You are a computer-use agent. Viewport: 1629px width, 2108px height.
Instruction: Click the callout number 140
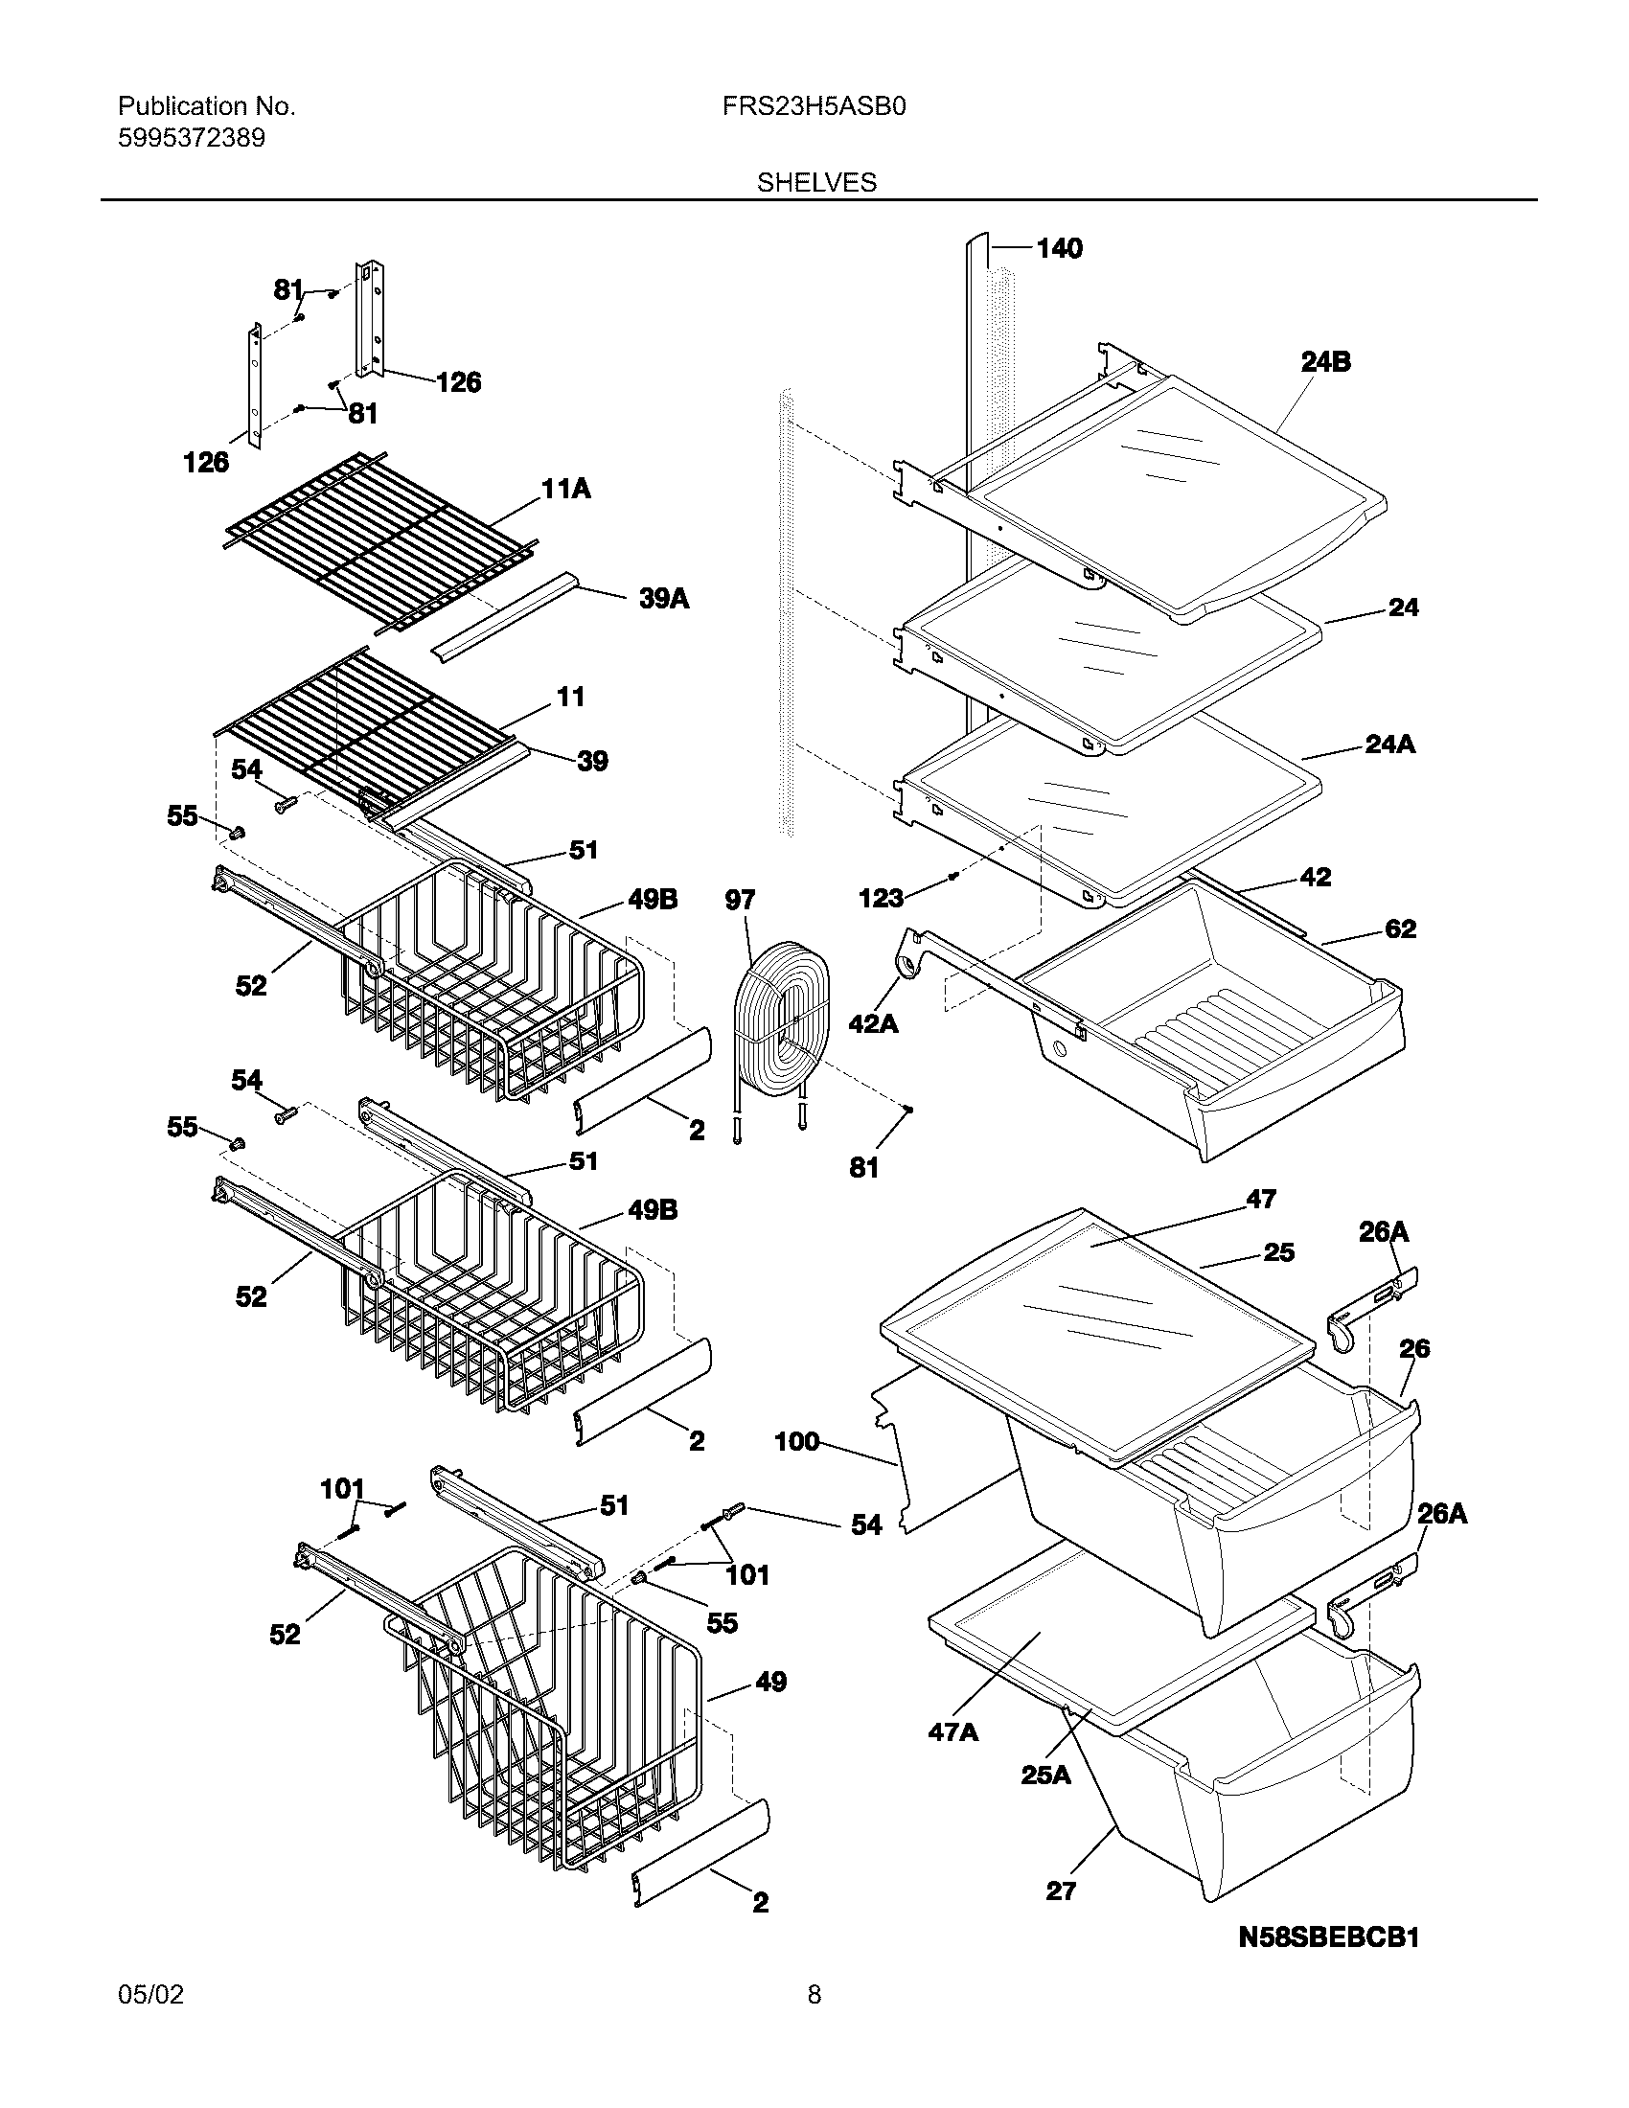pyautogui.click(x=1059, y=249)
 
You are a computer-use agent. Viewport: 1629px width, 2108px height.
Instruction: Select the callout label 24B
pyautogui.click(x=1325, y=362)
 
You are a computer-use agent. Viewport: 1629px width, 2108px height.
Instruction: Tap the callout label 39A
pyautogui.click(x=664, y=600)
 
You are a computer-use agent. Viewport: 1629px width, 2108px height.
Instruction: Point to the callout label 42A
pyautogui.click(x=872, y=1023)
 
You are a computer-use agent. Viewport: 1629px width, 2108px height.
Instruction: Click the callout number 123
pyautogui.click(x=880, y=898)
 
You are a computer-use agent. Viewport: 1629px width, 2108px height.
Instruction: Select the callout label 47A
pyautogui.click(x=952, y=1732)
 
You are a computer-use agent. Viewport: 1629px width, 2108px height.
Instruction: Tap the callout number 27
pyautogui.click(x=1061, y=1890)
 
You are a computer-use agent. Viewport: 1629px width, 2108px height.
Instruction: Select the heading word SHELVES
pyautogui.click(x=816, y=182)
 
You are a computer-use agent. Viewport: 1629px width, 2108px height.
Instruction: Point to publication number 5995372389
pyautogui.click(x=191, y=139)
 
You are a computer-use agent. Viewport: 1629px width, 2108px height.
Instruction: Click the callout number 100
pyautogui.click(x=796, y=1442)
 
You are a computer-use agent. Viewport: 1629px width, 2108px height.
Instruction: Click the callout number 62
pyautogui.click(x=1399, y=929)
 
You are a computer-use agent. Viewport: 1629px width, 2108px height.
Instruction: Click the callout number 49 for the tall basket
pyautogui.click(x=770, y=1683)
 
